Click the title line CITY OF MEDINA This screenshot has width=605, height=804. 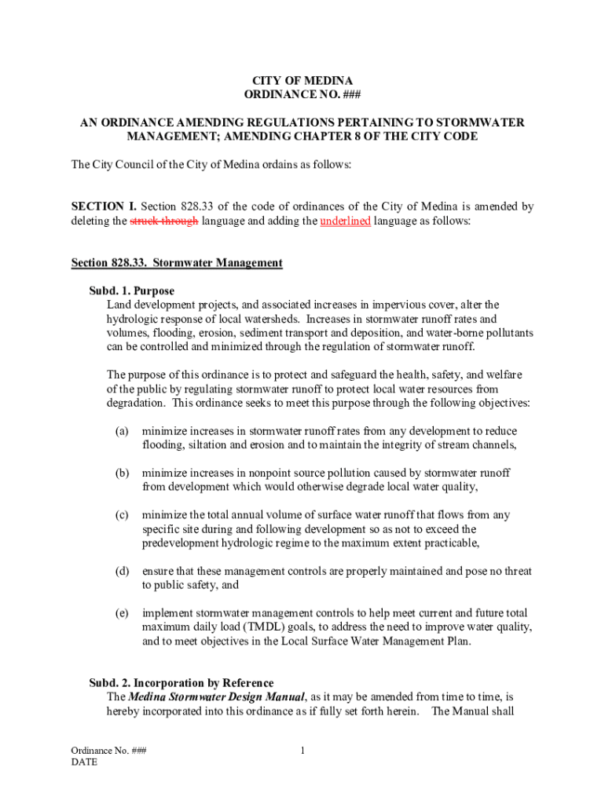[x=302, y=81]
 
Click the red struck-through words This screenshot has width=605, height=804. [x=163, y=221]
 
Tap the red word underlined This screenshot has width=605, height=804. [x=345, y=221]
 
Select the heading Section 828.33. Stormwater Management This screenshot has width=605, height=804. [x=177, y=262]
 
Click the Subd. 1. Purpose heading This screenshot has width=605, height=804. [x=131, y=291]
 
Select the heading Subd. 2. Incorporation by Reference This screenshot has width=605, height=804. [x=181, y=682]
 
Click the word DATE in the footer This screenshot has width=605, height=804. [x=84, y=762]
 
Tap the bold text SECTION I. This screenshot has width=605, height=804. [x=103, y=207]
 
